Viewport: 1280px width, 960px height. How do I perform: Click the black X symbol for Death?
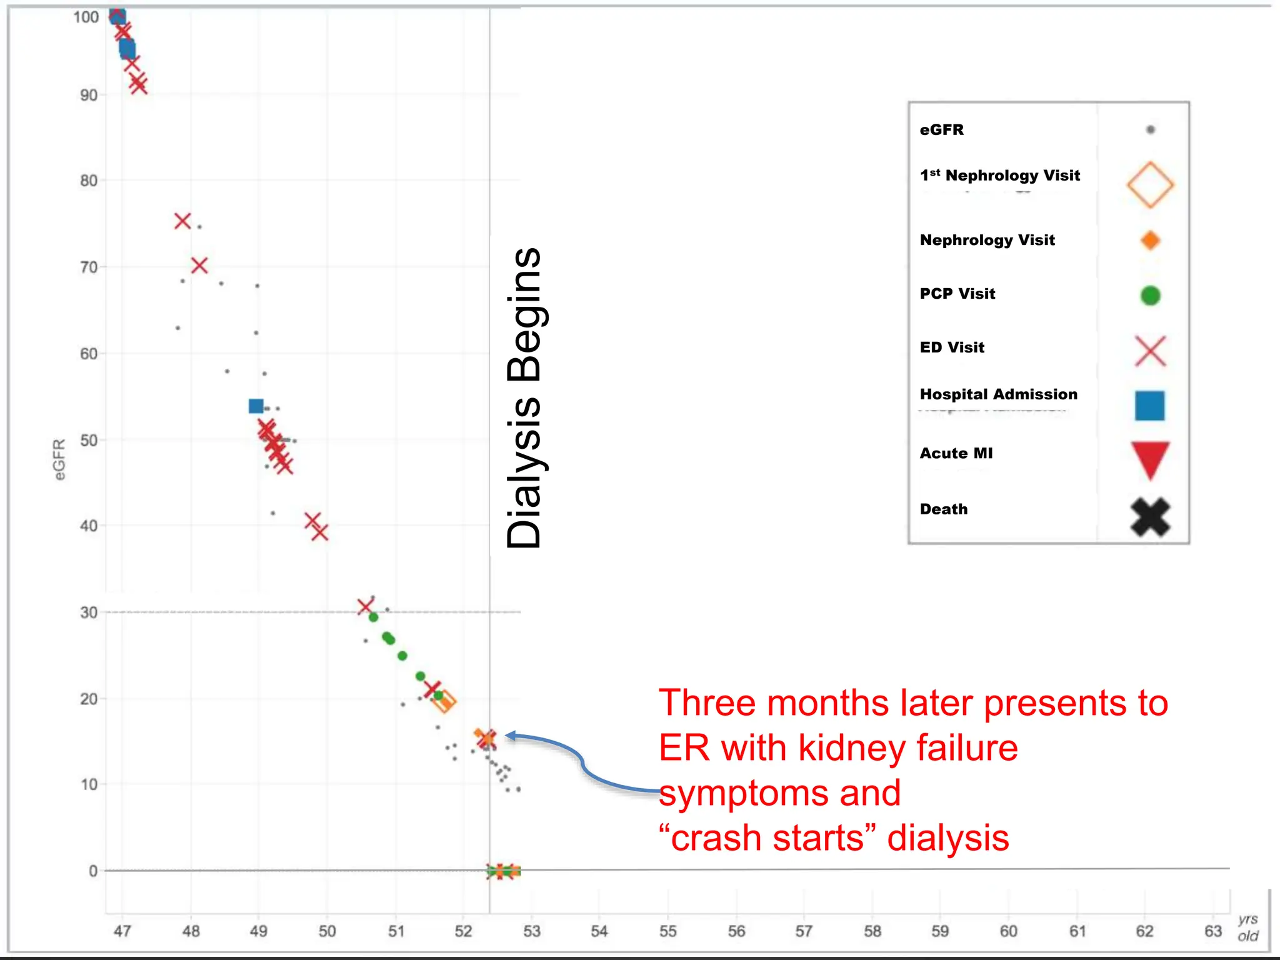[x=1150, y=517]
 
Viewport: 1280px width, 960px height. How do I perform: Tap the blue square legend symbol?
[x=1150, y=406]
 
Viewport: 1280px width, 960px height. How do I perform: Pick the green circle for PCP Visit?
[x=1150, y=295]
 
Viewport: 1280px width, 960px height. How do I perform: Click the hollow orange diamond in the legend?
[x=1150, y=184]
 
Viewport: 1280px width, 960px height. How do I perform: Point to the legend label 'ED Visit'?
[x=952, y=347]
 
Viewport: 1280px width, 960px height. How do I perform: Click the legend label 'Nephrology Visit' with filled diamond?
[x=987, y=240]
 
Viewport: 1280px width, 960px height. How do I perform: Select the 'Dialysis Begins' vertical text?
[x=524, y=398]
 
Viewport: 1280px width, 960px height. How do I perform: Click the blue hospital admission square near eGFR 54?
[x=256, y=406]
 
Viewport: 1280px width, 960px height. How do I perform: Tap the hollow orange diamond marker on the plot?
[x=444, y=701]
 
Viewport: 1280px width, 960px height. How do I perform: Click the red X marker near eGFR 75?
[x=182, y=221]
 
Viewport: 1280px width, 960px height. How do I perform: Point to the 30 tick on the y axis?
[x=89, y=612]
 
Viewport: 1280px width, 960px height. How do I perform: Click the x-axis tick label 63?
[x=1212, y=931]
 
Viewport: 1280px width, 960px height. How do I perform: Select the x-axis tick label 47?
[x=122, y=931]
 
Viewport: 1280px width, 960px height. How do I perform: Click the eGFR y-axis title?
[x=59, y=459]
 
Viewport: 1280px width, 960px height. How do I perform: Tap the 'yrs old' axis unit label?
[x=1248, y=927]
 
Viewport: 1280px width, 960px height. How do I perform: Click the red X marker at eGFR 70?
[x=199, y=266]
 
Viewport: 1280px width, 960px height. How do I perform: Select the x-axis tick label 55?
[x=667, y=931]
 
